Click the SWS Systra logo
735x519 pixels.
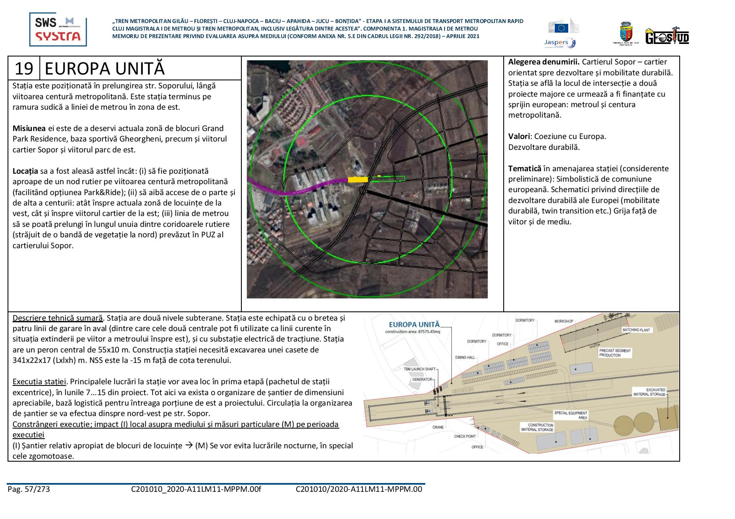[x=58, y=29]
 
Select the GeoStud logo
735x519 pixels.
[x=667, y=36]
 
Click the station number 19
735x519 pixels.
[x=24, y=69]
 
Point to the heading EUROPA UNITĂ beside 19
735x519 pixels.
[x=105, y=69]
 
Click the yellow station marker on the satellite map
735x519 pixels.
[x=357, y=180]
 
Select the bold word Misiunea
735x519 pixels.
[x=29, y=128]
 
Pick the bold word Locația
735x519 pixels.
[x=26, y=171]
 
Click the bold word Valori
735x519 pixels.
[x=519, y=136]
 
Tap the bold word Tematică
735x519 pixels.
[x=524, y=169]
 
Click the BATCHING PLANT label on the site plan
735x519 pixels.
[x=636, y=330]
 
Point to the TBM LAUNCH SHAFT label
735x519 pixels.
[x=419, y=369]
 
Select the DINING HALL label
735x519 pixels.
[x=465, y=357]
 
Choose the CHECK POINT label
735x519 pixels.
[x=465, y=436]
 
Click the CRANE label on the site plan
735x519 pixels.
[x=438, y=427]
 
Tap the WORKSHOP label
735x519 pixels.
[x=564, y=321]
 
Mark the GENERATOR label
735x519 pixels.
[x=422, y=379]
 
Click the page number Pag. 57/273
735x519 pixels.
[x=28, y=489]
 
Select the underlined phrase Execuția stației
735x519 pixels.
[x=39, y=382]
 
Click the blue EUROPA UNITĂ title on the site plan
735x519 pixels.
[x=414, y=324]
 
